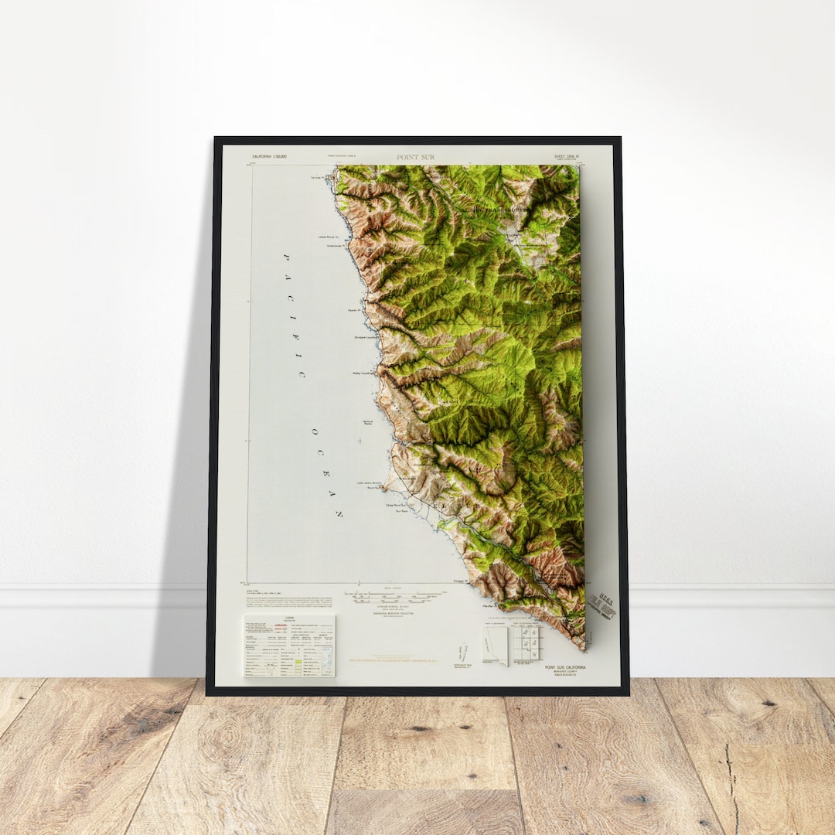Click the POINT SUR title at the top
point(415,157)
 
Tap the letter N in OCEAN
point(339,513)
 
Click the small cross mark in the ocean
point(360,441)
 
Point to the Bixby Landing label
point(362,372)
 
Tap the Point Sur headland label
point(374,488)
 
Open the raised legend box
point(289,646)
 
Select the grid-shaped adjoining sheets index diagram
point(527,641)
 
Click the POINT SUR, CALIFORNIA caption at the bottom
point(564,667)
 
